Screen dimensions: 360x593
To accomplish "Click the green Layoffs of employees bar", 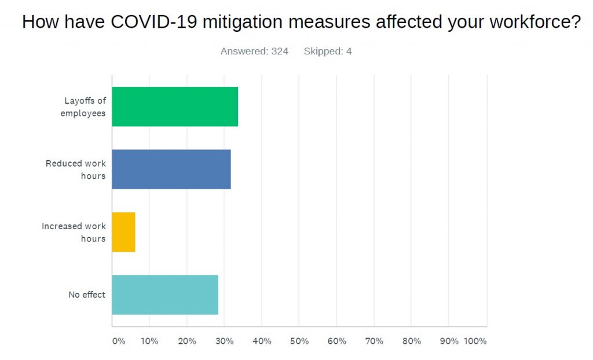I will tap(175, 106).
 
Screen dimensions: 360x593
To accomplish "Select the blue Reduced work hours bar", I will tap(171, 169).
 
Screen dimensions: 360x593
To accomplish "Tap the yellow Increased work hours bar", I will tap(123, 232).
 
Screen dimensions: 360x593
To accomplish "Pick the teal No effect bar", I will tap(165, 295).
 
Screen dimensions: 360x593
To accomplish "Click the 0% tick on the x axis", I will tap(118, 341).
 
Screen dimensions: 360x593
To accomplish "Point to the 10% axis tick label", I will tap(149, 341).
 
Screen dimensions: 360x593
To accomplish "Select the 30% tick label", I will tap(224, 341).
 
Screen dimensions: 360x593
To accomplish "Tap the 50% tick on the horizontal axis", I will tap(299, 341).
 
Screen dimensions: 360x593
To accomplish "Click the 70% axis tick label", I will tap(374, 341).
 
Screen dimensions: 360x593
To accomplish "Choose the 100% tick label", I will tap(475, 341).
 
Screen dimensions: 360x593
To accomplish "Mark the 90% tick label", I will tap(449, 341).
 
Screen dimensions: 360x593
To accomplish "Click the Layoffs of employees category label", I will tap(83, 106).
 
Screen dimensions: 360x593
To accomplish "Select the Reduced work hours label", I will tap(76, 169).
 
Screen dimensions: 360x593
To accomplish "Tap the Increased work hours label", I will tap(74, 232).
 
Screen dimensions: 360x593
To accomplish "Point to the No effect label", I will tap(87, 295).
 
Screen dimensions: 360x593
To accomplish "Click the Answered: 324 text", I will tap(254, 51).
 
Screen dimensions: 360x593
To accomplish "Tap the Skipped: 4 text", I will tap(327, 51).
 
